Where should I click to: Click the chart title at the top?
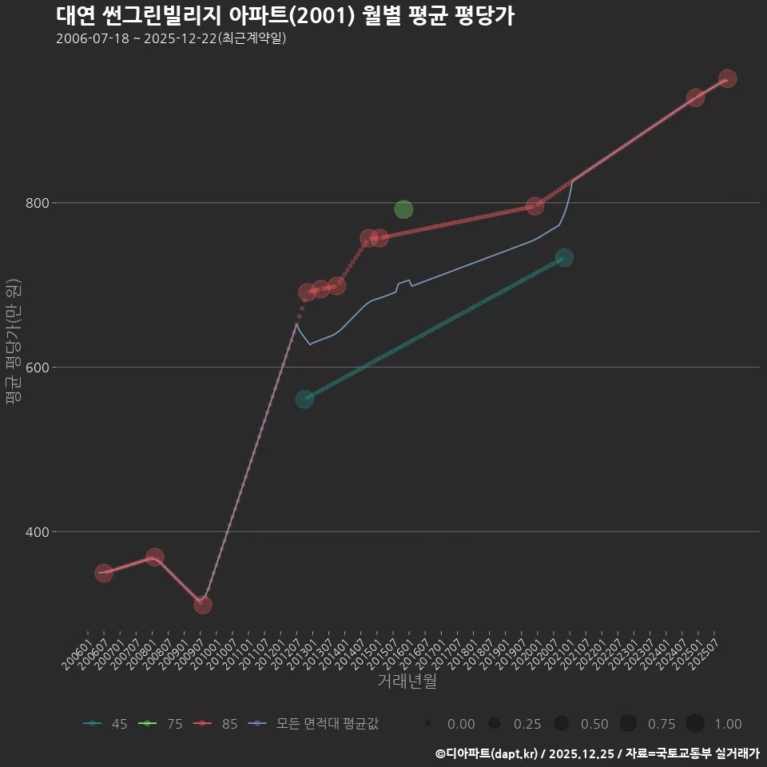click(285, 15)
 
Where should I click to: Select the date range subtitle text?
click(171, 38)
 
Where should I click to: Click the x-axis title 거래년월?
click(407, 682)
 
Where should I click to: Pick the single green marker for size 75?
click(403, 209)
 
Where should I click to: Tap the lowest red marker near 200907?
click(203, 605)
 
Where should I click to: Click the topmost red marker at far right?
click(727, 79)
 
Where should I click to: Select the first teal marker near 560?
click(304, 399)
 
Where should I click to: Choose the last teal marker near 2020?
click(564, 257)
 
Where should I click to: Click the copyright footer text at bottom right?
click(597, 753)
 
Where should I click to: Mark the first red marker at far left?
click(104, 573)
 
